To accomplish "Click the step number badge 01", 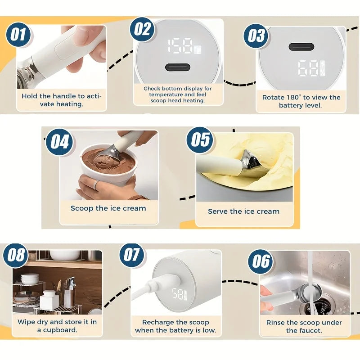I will click(18, 35).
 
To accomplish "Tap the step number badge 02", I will click(143, 29).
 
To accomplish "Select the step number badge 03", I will click(256, 35).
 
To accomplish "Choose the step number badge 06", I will click(261, 261).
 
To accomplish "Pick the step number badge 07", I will click(132, 255).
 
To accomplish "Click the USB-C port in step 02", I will click(177, 67).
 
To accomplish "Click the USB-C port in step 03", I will click(301, 46).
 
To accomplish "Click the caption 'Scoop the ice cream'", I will click(108, 208).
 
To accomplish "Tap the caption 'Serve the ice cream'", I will click(243, 211).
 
